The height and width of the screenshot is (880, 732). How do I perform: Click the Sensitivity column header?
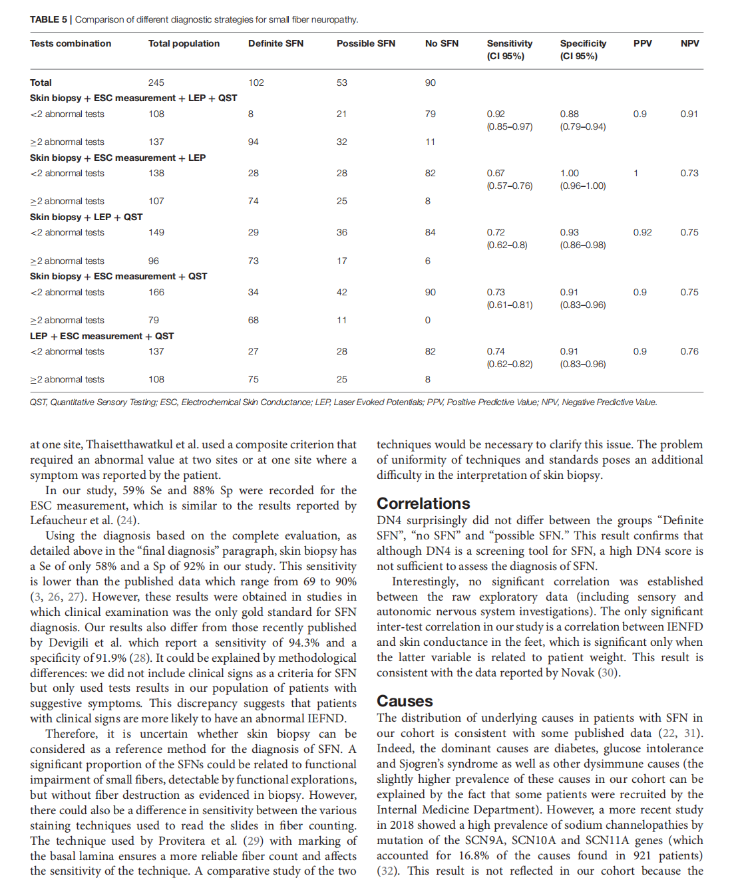(x=509, y=44)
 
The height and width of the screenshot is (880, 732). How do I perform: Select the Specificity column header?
(x=583, y=44)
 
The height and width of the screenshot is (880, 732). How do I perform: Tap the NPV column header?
(x=689, y=44)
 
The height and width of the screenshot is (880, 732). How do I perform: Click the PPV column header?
(x=642, y=44)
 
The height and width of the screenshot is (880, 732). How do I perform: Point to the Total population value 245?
(x=156, y=83)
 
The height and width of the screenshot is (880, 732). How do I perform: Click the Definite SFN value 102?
(x=256, y=83)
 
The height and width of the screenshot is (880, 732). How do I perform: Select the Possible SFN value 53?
(x=342, y=83)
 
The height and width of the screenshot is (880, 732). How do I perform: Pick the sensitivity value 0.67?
(x=496, y=174)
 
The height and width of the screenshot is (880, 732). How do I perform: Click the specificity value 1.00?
(x=570, y=174)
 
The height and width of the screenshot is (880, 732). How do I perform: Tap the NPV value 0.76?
(x=689, y=352)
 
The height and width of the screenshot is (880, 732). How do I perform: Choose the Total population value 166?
(x=156, y=293)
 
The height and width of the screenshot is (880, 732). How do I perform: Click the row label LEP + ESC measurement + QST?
(x=102, y=337)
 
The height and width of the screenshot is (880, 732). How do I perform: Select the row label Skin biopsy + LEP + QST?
(x=87, y=218)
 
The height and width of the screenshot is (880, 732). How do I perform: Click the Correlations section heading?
(x=423, y=504)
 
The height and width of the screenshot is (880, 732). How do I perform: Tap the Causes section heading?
(x=405, y=701)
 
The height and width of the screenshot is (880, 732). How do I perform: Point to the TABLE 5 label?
(x=49, y=19)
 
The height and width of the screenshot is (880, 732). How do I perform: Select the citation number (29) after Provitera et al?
(x=253, y=841)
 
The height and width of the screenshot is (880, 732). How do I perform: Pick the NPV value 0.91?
(x=689, y=114)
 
